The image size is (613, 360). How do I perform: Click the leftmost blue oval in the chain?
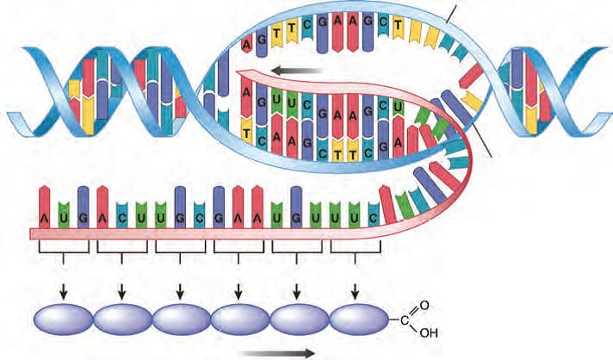63,319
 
